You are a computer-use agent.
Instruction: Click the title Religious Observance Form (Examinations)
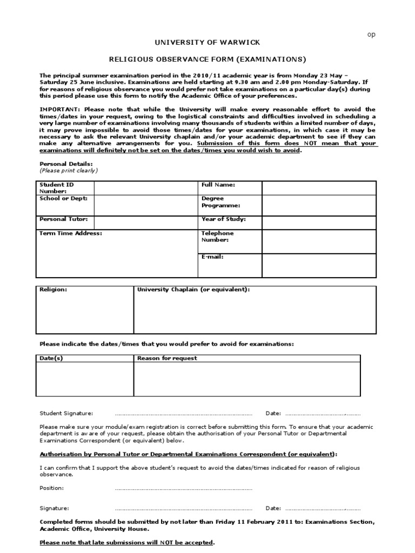pos(207,59)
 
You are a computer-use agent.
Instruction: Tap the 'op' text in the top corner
pos(371,34)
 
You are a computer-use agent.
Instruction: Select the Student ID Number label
pos(53,187)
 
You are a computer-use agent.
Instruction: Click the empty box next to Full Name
pos(319,187)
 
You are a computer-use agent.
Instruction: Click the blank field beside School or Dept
pos(146,205)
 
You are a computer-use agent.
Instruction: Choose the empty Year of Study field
pos(319,221)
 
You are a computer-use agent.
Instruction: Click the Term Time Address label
pos(71,233)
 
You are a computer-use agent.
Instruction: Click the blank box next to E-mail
pos(319,265)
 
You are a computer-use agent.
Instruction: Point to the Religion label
pos(53,289)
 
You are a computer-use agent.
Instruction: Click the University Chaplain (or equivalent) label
pos(193,289)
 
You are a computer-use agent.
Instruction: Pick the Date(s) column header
pos(51,358)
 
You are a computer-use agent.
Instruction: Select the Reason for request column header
pos(167,358)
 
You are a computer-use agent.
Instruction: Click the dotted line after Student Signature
pos(184,414)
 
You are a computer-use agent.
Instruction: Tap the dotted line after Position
pos(184,488)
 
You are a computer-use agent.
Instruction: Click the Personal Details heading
pos(66,163)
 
